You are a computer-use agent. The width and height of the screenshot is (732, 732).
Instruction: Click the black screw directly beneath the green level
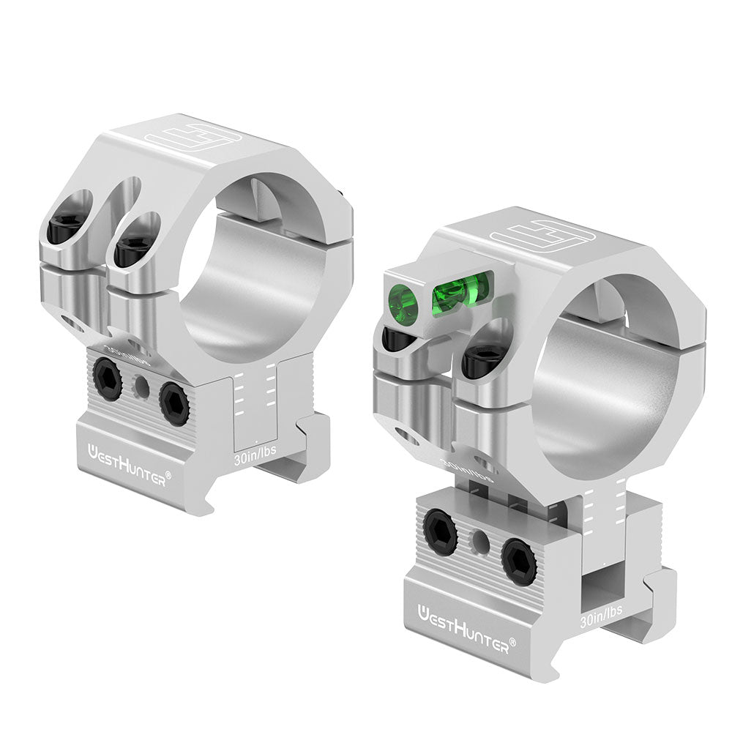pyautogui.click(x=399, y=338)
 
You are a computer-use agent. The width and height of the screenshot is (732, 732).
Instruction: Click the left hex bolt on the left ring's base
pyautogui.click(x=107, y=378)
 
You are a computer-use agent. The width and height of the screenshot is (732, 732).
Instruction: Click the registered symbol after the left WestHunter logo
pyautogui.click(x=168, y=474)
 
